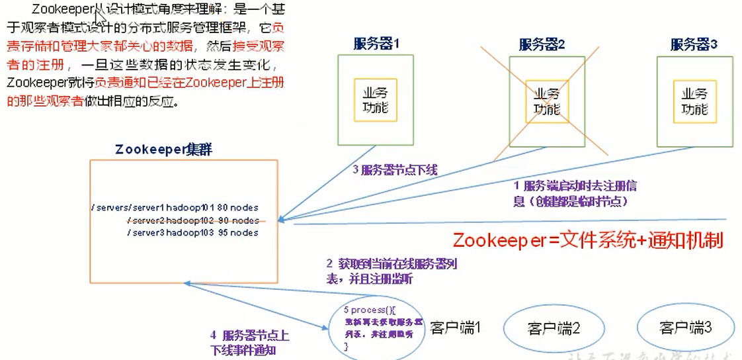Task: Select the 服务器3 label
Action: click(x=694, y=44)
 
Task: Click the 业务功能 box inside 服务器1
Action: click(x=375, y=100)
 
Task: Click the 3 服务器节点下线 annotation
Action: click(x=395, y=170)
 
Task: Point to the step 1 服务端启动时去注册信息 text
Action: click(x=576, y=193)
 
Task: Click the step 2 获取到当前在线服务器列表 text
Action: click(x=392, y=271)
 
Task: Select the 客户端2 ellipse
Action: click(x=554, y=328)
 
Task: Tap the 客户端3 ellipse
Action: click(x=685, y=328)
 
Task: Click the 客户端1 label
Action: click(x=455, y=327)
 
